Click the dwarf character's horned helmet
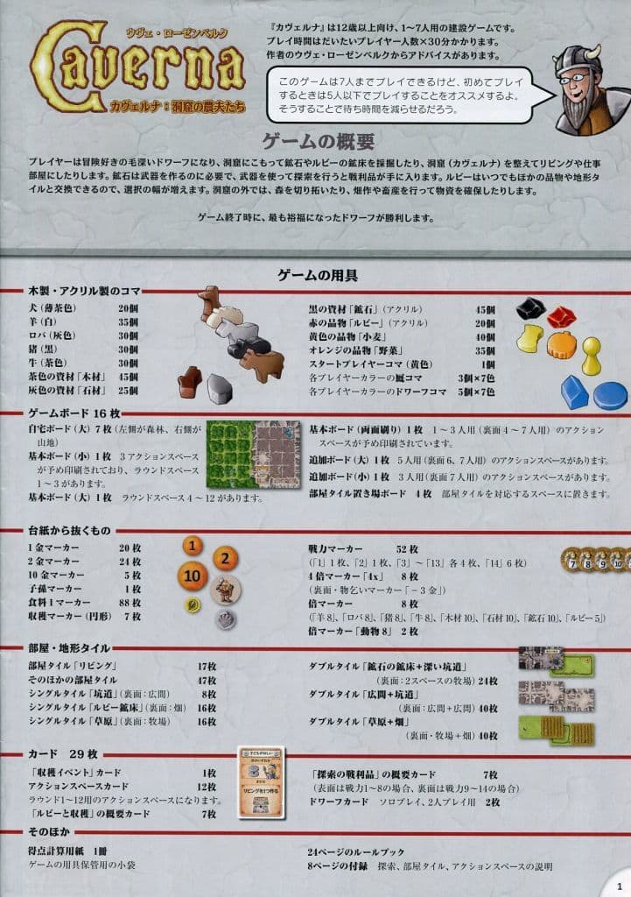point(581,60)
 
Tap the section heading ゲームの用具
point(315,275)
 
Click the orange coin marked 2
point(226,558)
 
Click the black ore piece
point(530,308)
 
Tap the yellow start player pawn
point(592,357)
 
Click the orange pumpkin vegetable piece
point(561,344)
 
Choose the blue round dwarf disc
point(610,395)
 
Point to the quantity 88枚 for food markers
point(129,603)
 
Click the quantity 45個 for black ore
point(485,308)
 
